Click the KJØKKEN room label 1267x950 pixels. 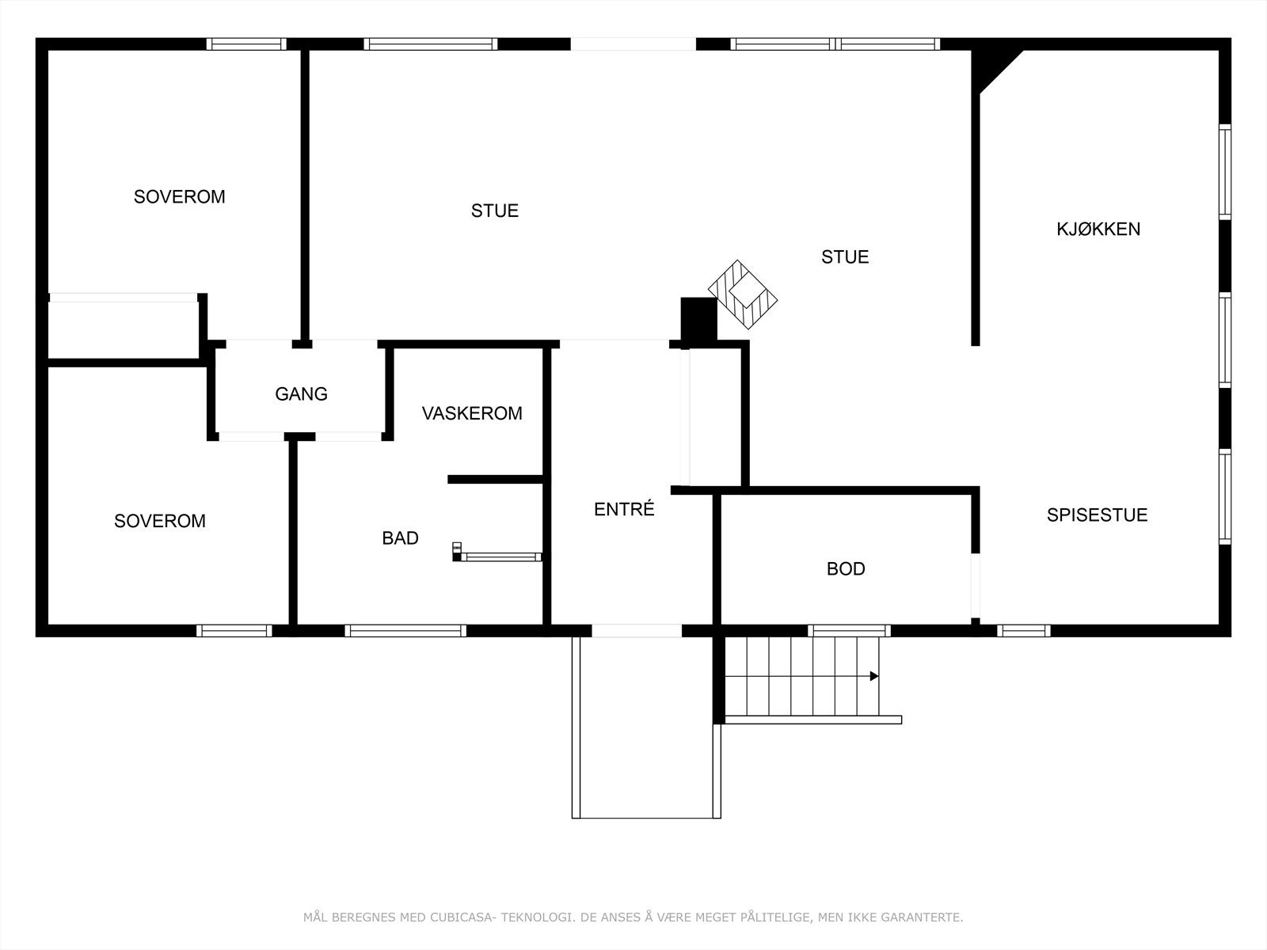(x=1098, y=230)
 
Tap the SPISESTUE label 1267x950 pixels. (x=1097, y=515)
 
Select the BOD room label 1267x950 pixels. (x=846, y=569)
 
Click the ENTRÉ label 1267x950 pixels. (x=624, y=510)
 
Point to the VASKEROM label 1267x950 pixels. (x=472, y=413)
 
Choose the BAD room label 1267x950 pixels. (x=400, y=538)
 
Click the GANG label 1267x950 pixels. (x=301, y=394)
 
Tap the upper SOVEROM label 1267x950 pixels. (x=179, y=197)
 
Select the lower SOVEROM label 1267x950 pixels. (x=159, y=521)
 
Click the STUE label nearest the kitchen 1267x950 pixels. (x=845, y=257)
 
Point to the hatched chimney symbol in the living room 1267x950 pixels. (x=743, y=294)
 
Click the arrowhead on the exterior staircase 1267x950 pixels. (x=874, y=676)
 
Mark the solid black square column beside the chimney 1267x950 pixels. (x=698, y=318)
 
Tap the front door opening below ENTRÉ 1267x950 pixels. (x=637, y=631)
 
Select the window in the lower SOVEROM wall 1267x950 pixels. (x=234, y=631)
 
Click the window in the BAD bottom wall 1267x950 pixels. (x=405, y=631)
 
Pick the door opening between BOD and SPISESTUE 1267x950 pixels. (x=976, y=585)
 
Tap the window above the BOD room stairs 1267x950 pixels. (x=849, y=631)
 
